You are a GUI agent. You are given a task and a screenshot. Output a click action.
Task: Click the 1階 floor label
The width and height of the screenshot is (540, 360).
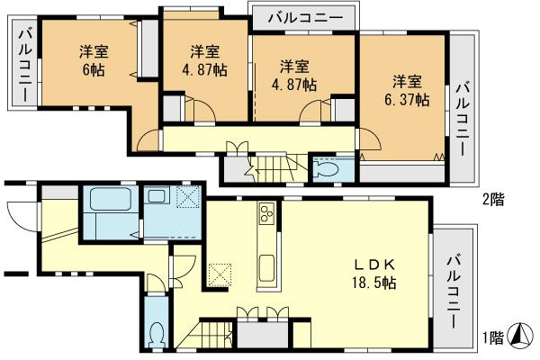(x=491, y=338)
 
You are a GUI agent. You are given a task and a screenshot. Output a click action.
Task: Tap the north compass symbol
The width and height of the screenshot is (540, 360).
(x=521, y=337)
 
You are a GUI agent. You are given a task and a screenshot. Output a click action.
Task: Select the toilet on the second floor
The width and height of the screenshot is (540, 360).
(x=327, y=168)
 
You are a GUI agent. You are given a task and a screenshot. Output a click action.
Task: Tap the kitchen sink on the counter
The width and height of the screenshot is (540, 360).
(x=268, y=267)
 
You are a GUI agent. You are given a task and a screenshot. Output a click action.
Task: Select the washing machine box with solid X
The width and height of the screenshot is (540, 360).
(x=190, y=197)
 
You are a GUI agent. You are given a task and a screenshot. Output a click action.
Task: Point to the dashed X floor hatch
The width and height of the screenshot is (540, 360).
(x=220, y=273)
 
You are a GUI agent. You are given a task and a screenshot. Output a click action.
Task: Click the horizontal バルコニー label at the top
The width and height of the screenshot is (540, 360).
(x=304, y=17)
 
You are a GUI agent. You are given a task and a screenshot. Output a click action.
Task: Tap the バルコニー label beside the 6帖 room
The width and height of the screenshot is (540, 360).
(x=24, y=66)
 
